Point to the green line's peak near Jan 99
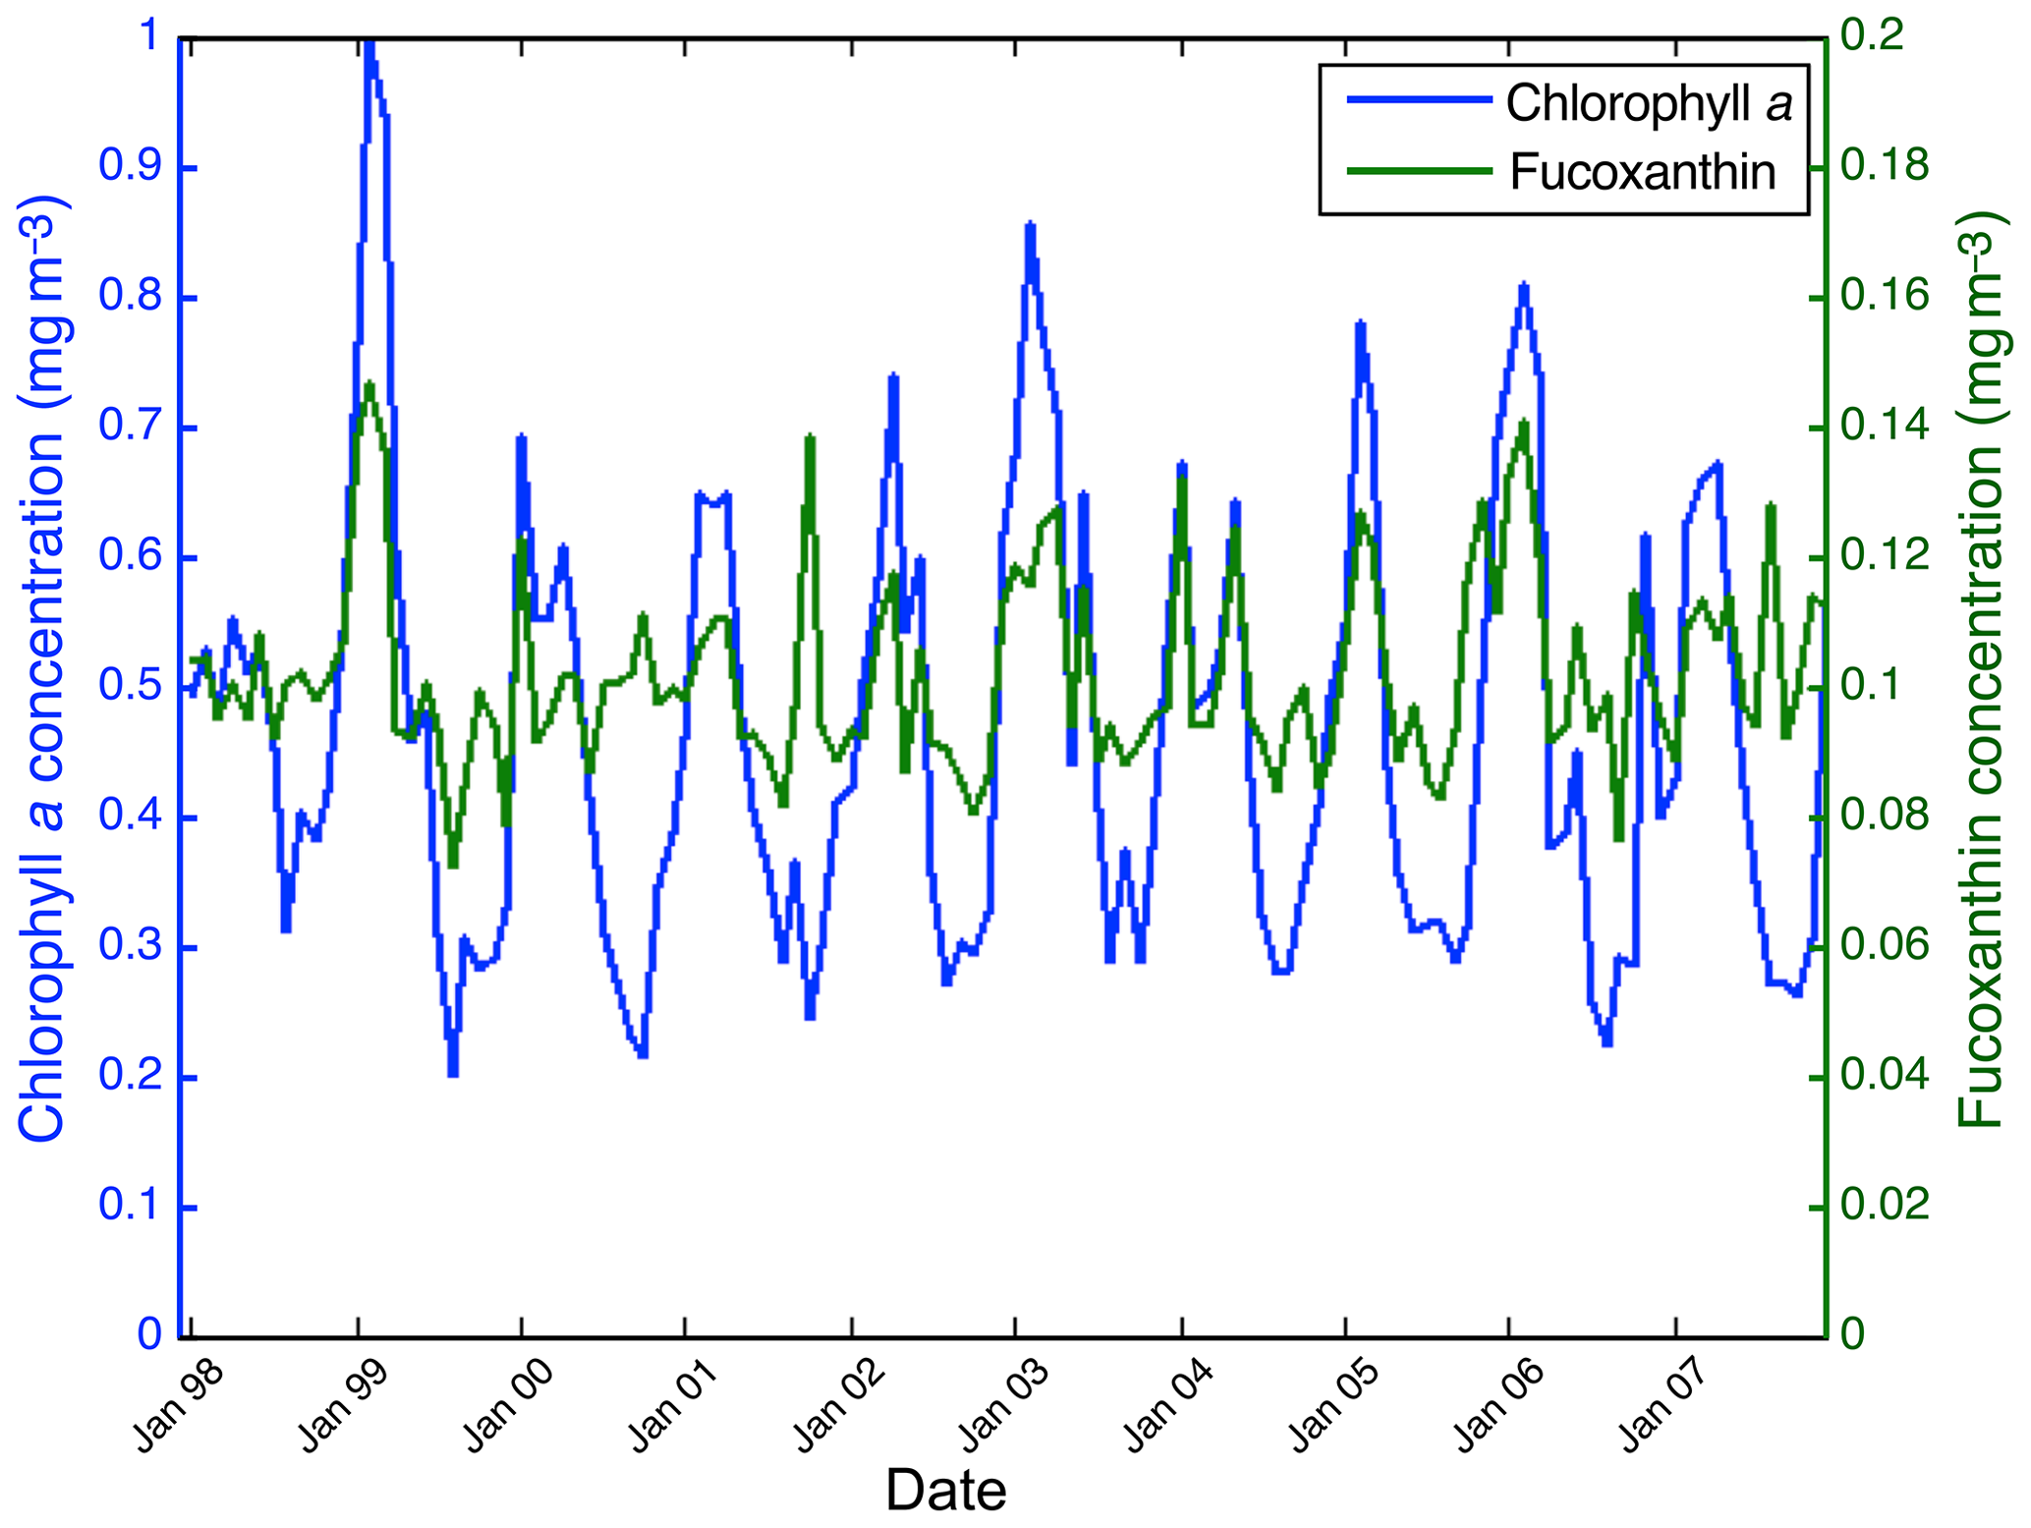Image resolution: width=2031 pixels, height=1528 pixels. click(x=369, y=383)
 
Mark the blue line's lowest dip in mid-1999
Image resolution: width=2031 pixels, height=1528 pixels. click(x=453, y=1073)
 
